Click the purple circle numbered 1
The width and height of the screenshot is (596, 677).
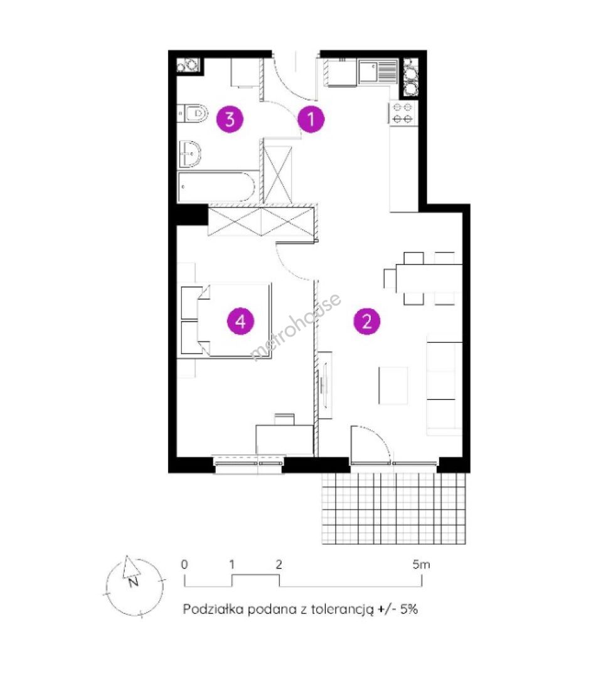click(311, 118)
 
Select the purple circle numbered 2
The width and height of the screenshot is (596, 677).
click(367, 321)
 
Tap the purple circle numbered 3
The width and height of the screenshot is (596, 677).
click(230, 118)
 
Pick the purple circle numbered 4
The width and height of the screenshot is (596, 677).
click(241, 321)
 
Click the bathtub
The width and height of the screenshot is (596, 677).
click(217, 187)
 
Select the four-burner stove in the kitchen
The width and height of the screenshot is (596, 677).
click(402, 113)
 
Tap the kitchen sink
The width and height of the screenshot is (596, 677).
click(377, 71)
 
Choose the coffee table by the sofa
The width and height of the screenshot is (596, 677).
click(393, 386)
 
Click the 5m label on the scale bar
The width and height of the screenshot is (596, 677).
click(421, 564)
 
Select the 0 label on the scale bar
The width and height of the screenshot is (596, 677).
click(184, 564)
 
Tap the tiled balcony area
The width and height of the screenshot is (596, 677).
click(394, 508)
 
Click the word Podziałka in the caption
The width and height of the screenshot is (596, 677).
click(213, 609)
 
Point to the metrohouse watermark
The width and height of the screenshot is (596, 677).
click(296, 327)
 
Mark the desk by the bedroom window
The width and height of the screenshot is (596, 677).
click(284, 439)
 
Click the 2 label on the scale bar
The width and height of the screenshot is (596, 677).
click(279, 564)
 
